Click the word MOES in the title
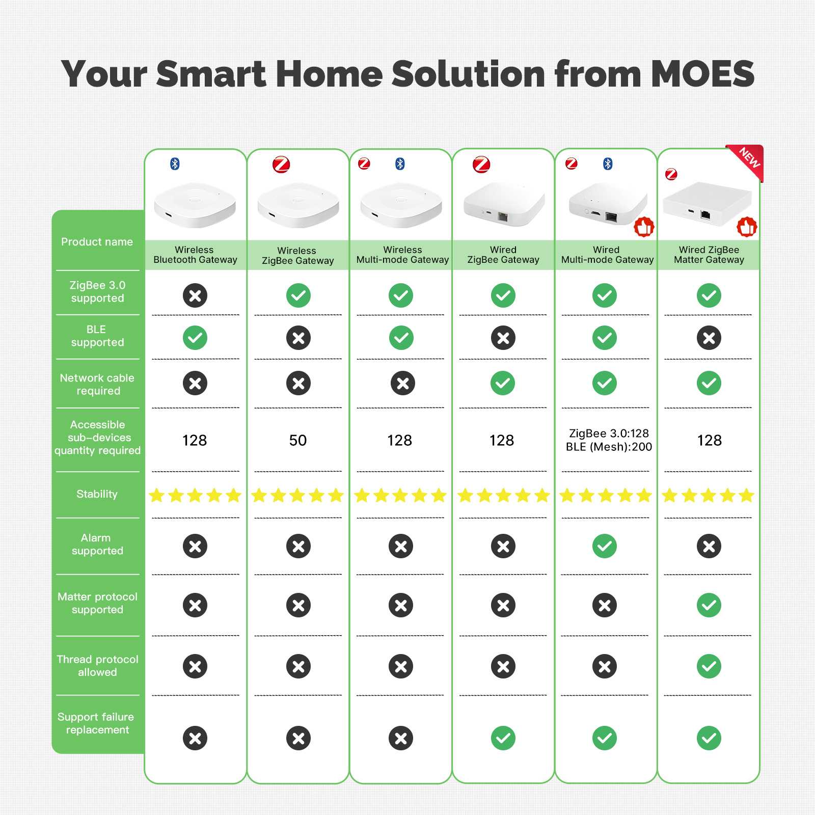702,74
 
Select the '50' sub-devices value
298,440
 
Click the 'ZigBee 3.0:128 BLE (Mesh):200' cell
609,440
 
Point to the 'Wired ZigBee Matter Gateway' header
709,255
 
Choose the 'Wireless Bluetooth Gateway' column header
195,255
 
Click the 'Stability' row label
97,494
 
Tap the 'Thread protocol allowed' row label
97,666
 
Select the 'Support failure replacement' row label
96,723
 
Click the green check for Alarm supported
605,546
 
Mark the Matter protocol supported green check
709,605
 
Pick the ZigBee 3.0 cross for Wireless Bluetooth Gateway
195,295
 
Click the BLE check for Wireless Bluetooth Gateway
195,338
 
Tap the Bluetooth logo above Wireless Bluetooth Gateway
175,164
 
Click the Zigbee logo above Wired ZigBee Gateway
481,165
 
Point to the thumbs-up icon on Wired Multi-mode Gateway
644,227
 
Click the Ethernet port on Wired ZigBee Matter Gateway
705,214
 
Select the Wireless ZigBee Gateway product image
298,205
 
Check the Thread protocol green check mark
709,666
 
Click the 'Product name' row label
97,242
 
